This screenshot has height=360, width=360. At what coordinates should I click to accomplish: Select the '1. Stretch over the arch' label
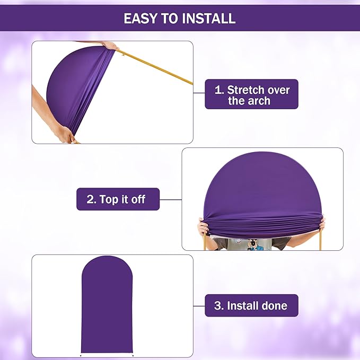click(251, 94)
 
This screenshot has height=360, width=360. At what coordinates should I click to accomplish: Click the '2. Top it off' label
click(118, 199)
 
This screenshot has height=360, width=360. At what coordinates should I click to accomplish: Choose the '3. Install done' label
click(251, 305)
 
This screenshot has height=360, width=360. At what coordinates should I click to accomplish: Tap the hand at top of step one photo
click(110, 46)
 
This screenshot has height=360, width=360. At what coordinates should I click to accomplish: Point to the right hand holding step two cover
click(321, 225)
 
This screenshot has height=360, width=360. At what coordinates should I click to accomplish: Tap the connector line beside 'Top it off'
click(170, 199)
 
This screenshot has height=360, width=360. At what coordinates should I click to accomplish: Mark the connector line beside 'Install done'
click(199, 305)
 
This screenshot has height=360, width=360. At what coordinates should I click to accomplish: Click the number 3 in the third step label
click(218, 306)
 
